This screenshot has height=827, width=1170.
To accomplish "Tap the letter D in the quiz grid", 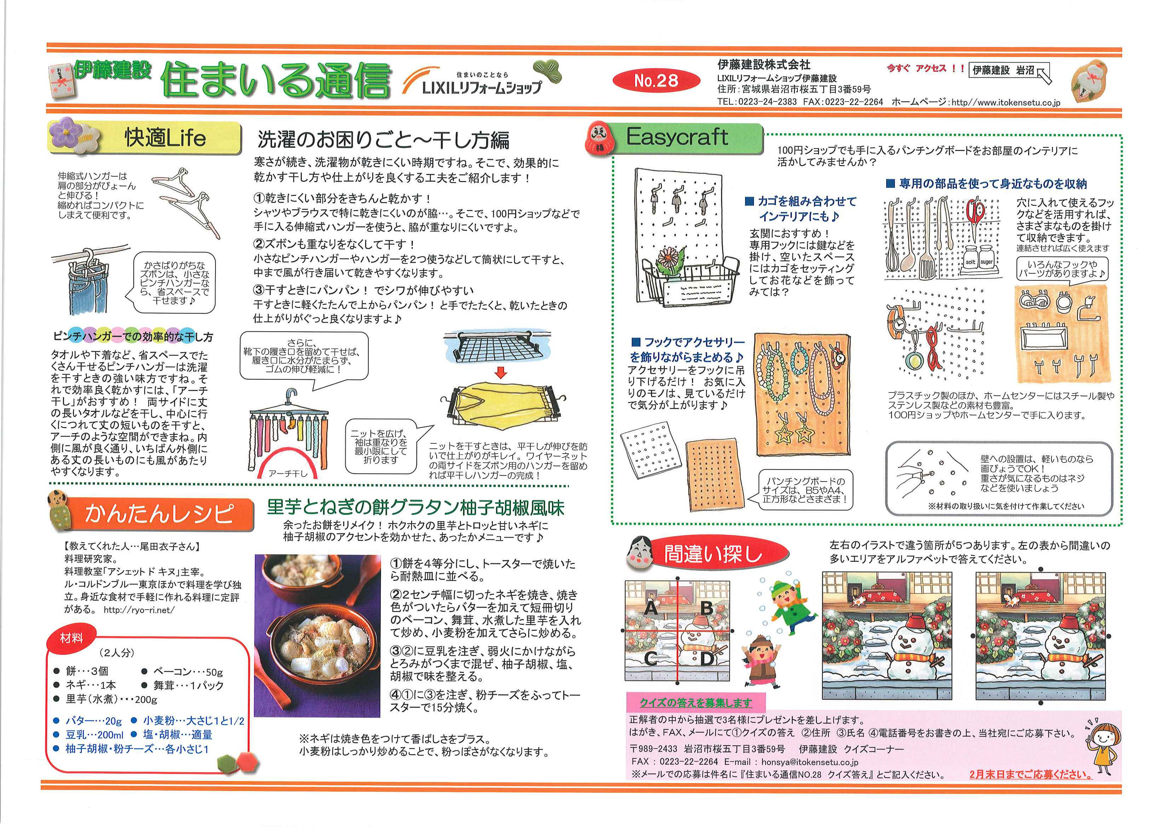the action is (706, 658).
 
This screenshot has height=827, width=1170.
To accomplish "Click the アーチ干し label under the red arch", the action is (288, 473).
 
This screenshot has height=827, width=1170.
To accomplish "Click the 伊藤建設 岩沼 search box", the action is (1004, 71).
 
